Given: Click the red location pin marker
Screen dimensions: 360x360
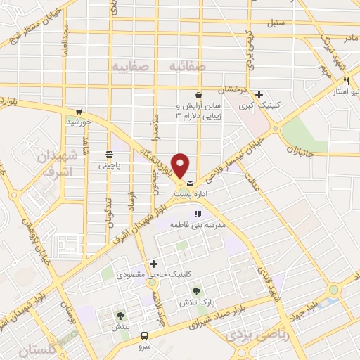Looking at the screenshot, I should (181, 165).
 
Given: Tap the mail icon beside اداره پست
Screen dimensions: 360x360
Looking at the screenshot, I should (191, 184).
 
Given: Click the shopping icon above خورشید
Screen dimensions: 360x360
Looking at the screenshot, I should (79, 111).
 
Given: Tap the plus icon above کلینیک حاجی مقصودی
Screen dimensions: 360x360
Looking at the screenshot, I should (153, 264).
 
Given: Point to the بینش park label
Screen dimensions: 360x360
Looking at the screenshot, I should (121, 327).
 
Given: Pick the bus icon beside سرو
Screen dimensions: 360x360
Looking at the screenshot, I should (144, 335).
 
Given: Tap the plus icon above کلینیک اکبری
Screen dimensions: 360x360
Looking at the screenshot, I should (259, 94).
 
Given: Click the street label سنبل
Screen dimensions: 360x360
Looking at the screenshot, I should (275, 22).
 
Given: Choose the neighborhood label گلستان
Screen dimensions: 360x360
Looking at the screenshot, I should (41, 349).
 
